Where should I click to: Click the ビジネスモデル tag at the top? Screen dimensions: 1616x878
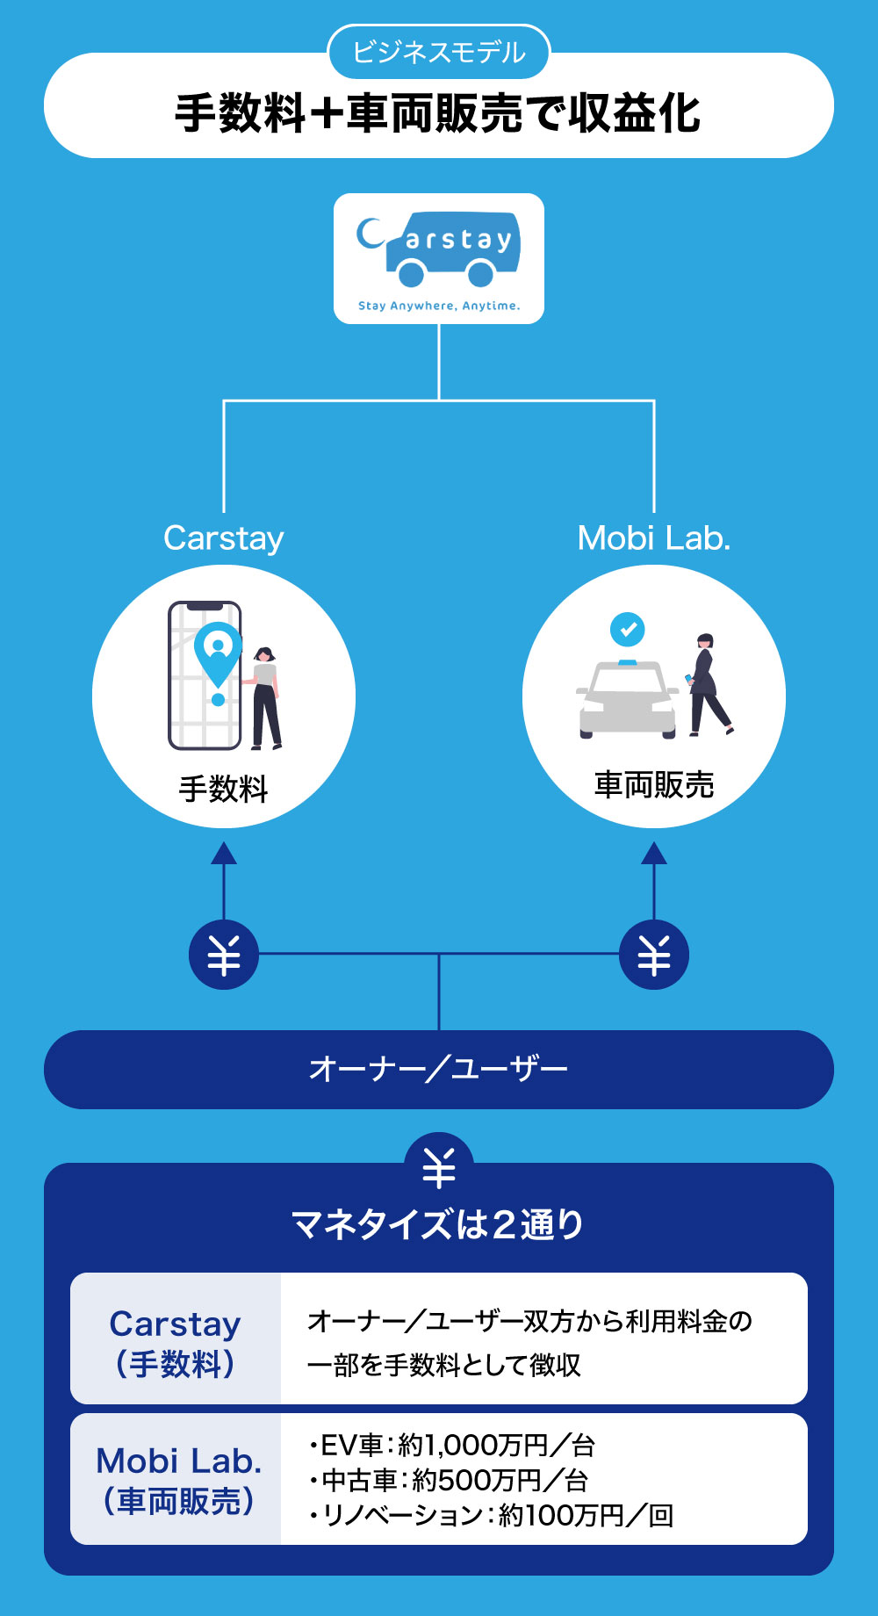click(x=438, y=53)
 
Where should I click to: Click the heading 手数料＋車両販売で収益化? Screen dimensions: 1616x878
click(x=438, y=113)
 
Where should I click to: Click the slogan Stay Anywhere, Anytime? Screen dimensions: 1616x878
click(x=439, y=306)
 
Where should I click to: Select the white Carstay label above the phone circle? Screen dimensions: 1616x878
click(x=224, y=538)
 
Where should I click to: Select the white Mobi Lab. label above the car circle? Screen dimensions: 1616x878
click(x=653, y=538)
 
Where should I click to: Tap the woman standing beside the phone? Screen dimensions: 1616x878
click(x=264, y=698)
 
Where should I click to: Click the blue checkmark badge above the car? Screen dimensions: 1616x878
click(x=627, y=629)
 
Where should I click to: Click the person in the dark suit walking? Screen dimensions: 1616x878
click(x=708, y=685)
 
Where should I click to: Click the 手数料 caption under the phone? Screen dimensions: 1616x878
click(x=223, y=789)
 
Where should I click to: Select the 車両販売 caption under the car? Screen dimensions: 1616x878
click(x=653, y=785)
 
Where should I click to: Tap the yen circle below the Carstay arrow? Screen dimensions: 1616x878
click(x=224, y=955)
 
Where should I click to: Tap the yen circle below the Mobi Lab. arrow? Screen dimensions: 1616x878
click(x=653, y=955)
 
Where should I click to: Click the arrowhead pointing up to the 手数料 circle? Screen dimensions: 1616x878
click(x=224, y=853)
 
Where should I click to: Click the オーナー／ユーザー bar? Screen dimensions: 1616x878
click(x=438, y=1069)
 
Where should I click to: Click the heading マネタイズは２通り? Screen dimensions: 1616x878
click(x=438, y=1224)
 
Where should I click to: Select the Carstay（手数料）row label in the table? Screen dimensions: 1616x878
click(x=176, y=1343)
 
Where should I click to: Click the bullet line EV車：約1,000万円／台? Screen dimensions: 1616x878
click(x=452, y=1445)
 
